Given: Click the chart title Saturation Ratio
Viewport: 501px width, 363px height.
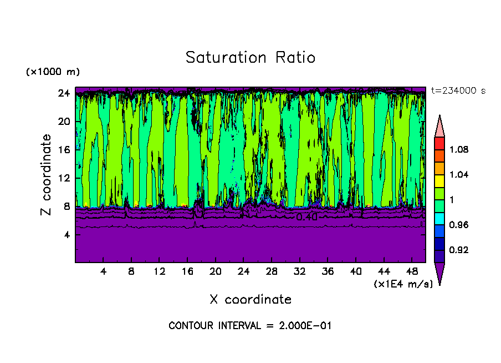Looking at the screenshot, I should coord(250,58).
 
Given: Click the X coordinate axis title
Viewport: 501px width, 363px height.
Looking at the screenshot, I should coord(250,300).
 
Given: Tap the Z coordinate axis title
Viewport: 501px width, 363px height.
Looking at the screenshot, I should coord(47,174).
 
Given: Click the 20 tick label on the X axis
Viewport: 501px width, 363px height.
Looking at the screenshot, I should coord(215,272).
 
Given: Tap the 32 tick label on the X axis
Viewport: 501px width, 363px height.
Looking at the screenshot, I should coord(299,272).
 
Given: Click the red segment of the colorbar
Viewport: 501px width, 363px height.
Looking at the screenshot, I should coord(439,143).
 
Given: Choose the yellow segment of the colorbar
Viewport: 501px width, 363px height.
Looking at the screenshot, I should coord(439,180).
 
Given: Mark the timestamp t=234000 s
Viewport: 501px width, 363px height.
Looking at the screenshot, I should coord(458,91).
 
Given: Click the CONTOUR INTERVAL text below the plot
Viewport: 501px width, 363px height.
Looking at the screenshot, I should coord(250,326).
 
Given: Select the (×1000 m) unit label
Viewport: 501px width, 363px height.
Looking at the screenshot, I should coord(53,72).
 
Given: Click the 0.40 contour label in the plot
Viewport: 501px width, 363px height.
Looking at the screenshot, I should coord(306,217).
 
